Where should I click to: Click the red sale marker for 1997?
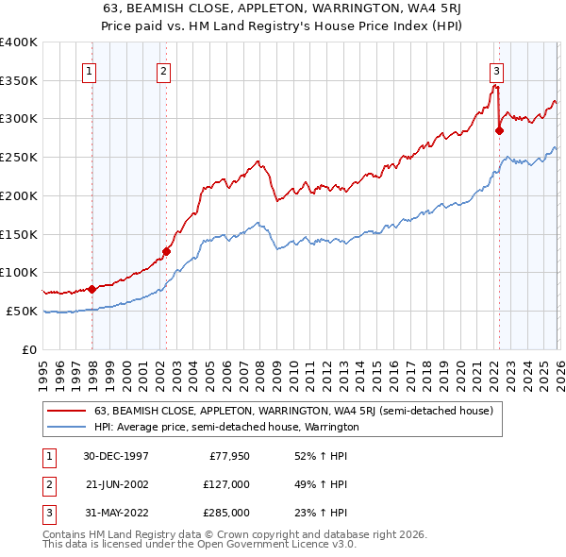(x=92, y=289)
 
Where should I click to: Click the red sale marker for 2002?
(x=166, y=251)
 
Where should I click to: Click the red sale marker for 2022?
(x=499, y=131)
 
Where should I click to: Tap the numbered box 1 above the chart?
(x=90, y=70)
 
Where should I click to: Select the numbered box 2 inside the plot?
(x=164, y=70)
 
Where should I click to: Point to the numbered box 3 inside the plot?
(x=496, y=70)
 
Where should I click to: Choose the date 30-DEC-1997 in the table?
(x=116, y=455)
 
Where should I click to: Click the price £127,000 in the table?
(x=227, y=484)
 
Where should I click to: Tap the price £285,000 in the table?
(x=227, y=513)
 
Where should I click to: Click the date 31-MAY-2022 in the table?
(x=116, y=513)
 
